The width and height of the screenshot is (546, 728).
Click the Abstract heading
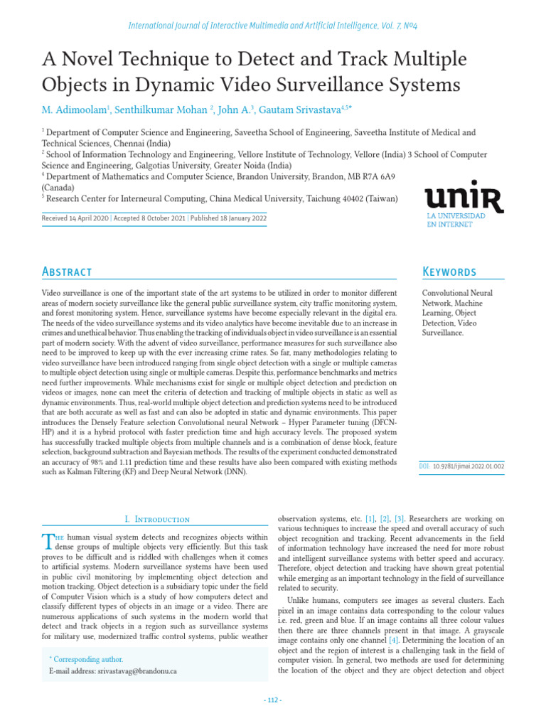pyautogui.click(x=67, y=272)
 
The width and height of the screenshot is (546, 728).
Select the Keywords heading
pyautogui.click(x=449, y=272)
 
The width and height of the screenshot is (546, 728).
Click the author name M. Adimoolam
pyautogui.click(x=72, y=109)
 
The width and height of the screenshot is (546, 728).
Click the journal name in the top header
pyautogui.click(x=273, y=26)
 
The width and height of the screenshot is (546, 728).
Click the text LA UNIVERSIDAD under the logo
pyautogui.click(x=456, y=215)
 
